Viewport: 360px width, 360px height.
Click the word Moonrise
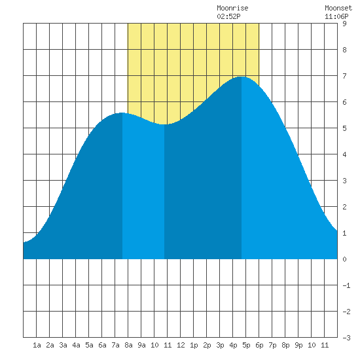coord(232,8)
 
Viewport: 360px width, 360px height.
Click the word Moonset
coord(338,8)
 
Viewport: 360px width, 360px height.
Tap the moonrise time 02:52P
coord(228,16)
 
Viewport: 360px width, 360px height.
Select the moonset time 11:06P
coord(336,16)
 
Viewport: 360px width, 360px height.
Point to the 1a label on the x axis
coord(37,345)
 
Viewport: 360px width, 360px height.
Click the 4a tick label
coord(76,345)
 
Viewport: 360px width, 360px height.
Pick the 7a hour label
coord(115,345)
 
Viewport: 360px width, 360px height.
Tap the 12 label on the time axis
coord(181,345)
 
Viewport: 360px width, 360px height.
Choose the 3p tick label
coord(220,345)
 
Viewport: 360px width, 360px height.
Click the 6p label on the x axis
coord(259,345)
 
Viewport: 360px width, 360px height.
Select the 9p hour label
coord(298,345)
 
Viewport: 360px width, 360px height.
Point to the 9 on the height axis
coord(344,24)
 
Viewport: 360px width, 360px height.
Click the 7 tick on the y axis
coord(344,76)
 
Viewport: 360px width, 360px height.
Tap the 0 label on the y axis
coord(344,259)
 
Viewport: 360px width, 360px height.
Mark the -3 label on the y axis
coord(346,338)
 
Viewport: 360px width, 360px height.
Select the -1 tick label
coord(346,285)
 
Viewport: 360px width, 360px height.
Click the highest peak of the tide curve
coord(242,77)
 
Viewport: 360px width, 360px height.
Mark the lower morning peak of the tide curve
coord(122,113)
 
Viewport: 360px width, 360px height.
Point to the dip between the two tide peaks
coord(164,124)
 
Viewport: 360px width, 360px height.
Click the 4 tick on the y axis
coord(344,154)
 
